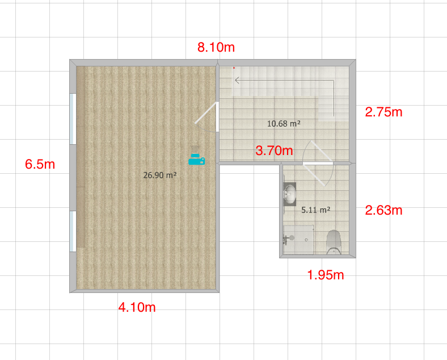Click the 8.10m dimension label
pyautogui.click(x=216, y=47)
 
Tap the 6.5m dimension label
pyautogui.click(x=40, y=164)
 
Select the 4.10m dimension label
pyautogui.click(x=137, y=307)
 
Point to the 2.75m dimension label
pyautogui.click(x=383, y=112)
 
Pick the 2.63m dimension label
pyautogui.click(x=383, y=210)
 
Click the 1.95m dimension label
pyautogui.click(x=326, y=275)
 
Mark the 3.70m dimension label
pyautogui.click(x=274, y=150)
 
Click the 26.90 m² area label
pyautogui.click(x=159, y=175)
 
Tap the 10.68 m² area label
pyautogui.click(x=284, y=124)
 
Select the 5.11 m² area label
pyautogui.click(x=315, y=210)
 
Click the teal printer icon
pyautogui.click(x=197, y=159)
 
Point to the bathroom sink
pyautogui.click(x=290, y=194)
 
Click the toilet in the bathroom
pyautogui.click(x=334, y=242)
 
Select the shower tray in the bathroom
pyautogui.click(x=298, y=240)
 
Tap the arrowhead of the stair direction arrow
pyautogui.click(x=237, y=81)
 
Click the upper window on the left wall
pyautogui.click(x=73, y=119)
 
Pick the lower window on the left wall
pyautogui.click(x=73, y=231)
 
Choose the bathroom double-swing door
pyautogui.click(x=318, y=163)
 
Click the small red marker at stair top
pyautogui.click(x=234, y=68)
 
